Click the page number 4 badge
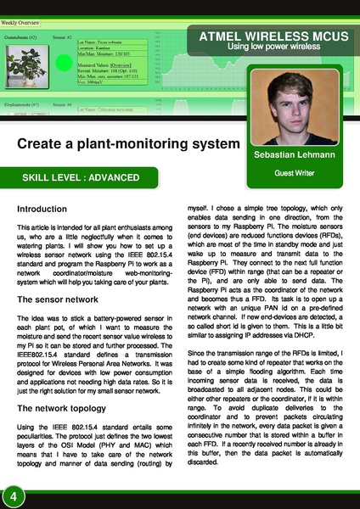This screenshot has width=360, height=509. pos(14,495)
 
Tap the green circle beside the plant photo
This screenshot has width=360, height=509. pos(63,64)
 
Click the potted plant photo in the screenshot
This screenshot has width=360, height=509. pos(25,67)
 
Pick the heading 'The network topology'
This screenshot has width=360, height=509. pos(64,407)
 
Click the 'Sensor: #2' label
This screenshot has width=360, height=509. pos(62,38)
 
